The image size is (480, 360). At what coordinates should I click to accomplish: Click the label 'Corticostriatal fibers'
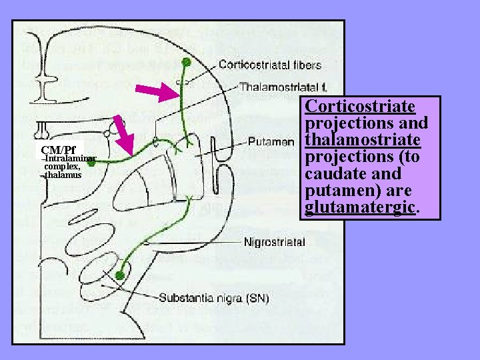click(270, 65)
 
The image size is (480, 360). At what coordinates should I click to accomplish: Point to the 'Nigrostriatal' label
click(275, 242)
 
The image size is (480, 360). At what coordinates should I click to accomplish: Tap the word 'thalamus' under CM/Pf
click(63, 175)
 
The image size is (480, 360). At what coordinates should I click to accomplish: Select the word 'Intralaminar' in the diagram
click(70, 158)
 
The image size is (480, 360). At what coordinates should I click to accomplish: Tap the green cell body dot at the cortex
click(186, 62)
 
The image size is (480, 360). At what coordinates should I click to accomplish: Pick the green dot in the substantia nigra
click(119, 275)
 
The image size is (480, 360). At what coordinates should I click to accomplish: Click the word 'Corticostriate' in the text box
click(359, 107)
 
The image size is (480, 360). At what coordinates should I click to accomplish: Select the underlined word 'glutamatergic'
click(361, 208)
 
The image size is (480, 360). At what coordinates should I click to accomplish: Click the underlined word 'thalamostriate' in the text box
click(363, 141)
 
